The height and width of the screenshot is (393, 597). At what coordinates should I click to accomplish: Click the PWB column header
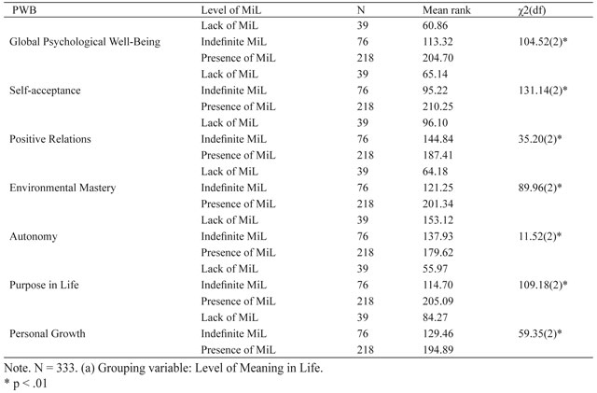coord(24,10)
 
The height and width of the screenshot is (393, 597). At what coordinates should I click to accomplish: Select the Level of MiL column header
coord(231,10)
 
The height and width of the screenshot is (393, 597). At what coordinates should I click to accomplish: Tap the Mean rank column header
coord(446,10)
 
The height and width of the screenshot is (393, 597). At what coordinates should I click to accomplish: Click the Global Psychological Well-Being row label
coord(85,42)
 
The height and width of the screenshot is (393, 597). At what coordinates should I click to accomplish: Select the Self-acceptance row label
coord(45,91)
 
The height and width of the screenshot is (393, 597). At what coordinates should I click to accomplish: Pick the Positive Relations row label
coord(50,139)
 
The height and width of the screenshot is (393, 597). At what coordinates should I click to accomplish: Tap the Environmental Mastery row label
coord(62,188)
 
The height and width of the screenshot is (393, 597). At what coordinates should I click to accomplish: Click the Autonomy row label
coord(34,237)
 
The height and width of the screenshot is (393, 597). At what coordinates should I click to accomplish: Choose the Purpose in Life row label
coord(44,285)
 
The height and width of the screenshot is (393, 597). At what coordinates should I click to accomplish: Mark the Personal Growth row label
coord(48,334)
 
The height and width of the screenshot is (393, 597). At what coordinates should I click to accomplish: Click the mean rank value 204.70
coord(437,58)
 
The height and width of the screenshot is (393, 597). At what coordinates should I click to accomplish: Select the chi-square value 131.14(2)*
coord(543,91)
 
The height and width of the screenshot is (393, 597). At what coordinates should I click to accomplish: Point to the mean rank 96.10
coord(436,122)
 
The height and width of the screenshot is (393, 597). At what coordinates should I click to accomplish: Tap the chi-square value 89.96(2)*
coord(540,188)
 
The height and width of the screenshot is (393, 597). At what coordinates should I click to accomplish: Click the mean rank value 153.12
coord(437,220)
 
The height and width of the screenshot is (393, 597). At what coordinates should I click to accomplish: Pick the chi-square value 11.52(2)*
coord(540,236)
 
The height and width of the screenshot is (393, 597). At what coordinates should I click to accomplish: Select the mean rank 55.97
coord(436,269)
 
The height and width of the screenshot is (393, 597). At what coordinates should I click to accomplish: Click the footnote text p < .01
coord(30,383)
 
